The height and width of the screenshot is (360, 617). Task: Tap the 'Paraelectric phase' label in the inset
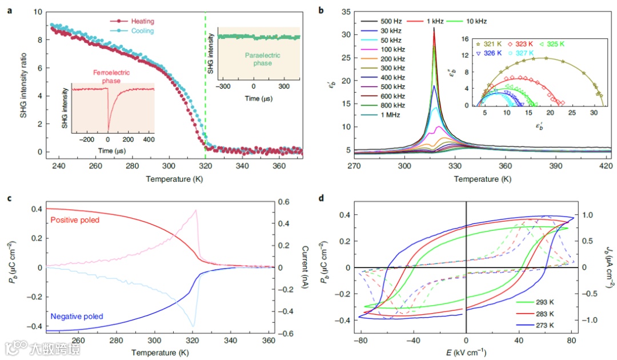pyautogui.click(x=259, y=59)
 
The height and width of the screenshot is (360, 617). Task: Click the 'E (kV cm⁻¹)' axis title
pyautogui.click(x=466, y=351)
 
